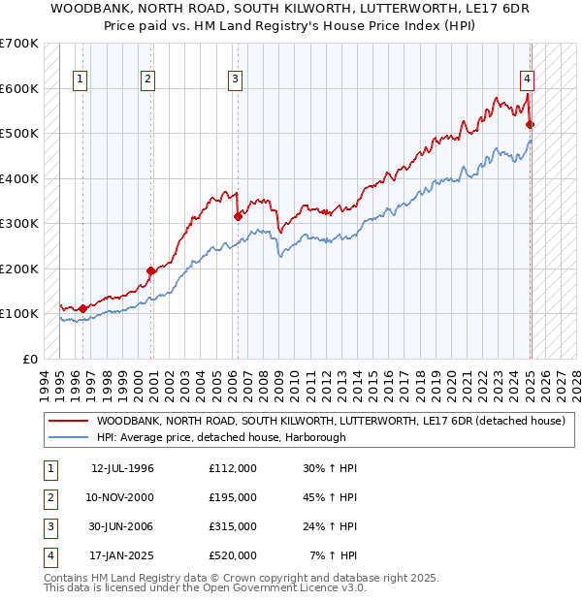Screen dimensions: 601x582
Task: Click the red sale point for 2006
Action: click(238, 217)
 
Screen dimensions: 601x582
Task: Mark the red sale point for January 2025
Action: click(530, 124)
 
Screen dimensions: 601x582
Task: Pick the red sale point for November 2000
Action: click(150, 270)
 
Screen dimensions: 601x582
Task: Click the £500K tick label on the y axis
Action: click(19, 134)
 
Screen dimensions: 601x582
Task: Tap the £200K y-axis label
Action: click(19, 269)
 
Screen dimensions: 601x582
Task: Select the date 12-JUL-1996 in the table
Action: click(123, 468)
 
